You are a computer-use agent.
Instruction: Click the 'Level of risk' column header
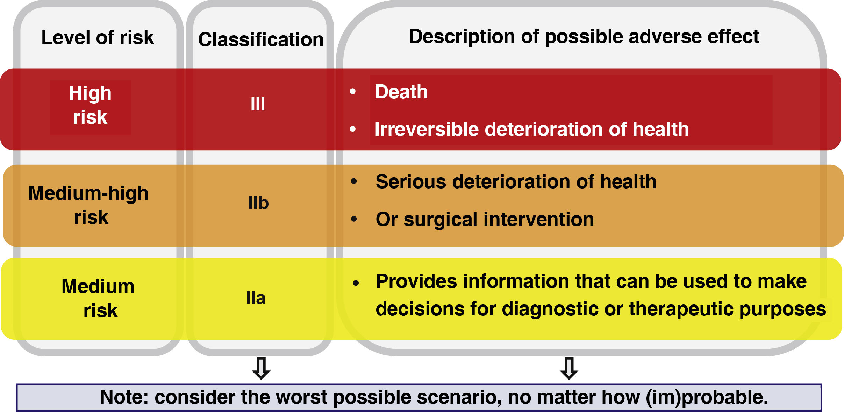tap(98, 37)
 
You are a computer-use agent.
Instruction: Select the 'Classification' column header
tap(261, 39)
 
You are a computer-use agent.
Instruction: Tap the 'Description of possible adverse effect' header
tap(584, 37)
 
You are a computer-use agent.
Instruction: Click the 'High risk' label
tap(90, 105)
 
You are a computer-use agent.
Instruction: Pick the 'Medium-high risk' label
tap(88, 205)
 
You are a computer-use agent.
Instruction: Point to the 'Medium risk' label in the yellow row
tap(98, 298)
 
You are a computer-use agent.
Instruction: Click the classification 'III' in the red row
tap(258, 104)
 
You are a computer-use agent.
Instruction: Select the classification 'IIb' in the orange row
tap(258, 203)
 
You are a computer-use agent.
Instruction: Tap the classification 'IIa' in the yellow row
tap(256, 298)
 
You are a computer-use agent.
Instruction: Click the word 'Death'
tap(401, 92)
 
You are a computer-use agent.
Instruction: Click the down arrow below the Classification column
tap(261, 368)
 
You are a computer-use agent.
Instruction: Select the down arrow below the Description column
tap(569, 368)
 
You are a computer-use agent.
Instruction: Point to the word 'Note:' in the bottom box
tap(124, 397)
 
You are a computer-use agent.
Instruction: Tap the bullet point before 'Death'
tap(353, 91)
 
